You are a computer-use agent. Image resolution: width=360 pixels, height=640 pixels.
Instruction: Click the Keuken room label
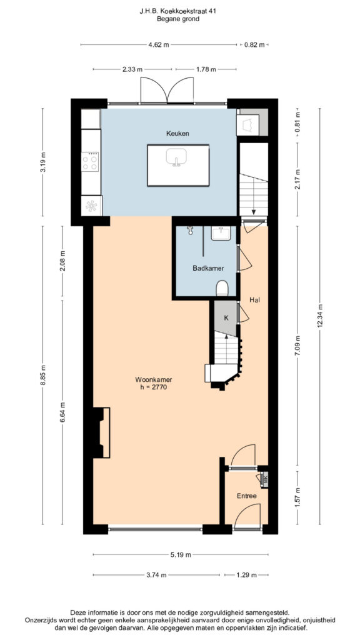177,133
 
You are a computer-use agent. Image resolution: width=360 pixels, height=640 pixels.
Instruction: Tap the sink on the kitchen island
176,157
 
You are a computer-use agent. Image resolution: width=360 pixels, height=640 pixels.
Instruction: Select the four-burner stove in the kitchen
90,162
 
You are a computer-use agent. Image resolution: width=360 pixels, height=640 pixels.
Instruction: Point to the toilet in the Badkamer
222,287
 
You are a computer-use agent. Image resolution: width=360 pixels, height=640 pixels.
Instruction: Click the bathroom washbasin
221,234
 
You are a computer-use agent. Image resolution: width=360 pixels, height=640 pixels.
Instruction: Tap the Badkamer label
206,268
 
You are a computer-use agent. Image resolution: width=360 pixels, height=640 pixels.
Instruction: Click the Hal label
255,300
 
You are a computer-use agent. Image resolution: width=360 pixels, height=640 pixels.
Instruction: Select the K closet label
226,317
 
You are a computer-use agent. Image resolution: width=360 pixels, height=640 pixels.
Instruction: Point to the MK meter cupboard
264,479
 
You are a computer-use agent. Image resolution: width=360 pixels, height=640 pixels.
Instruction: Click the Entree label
246,496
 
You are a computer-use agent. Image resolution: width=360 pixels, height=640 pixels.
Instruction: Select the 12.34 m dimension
320,316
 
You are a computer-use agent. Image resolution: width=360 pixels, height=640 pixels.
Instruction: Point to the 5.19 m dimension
181,555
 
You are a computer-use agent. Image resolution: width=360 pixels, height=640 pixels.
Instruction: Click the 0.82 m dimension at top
254,45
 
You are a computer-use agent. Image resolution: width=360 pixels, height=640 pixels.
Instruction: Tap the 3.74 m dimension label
156,575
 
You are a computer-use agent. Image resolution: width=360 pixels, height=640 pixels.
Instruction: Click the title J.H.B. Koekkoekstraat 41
177,12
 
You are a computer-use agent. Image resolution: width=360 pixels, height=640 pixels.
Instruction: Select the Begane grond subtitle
178,19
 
